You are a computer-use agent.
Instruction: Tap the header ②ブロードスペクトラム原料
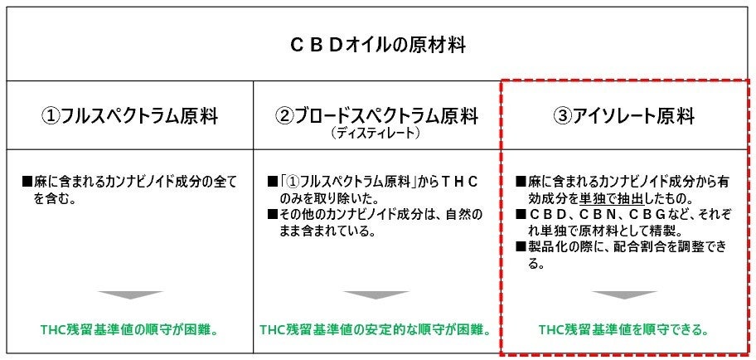377,115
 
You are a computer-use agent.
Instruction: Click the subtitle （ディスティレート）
377,132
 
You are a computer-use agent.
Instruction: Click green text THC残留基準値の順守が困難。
129,330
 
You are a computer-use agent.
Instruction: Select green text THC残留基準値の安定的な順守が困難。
377,330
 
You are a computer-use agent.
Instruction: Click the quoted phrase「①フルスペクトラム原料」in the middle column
359,181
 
